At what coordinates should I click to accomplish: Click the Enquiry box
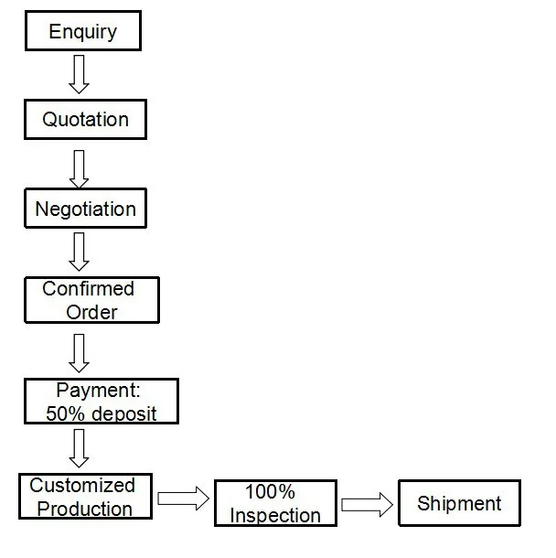82,31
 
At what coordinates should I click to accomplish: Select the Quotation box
85,119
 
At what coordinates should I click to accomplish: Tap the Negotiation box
85,209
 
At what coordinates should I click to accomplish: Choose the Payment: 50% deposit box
101,402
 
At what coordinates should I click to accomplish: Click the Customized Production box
84,497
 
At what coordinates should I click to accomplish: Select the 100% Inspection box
275,504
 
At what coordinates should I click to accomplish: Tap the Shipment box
459,503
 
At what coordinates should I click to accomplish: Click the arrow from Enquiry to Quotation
80,74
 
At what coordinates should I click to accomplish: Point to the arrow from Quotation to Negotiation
80,166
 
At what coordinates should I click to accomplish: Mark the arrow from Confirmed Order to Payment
80,351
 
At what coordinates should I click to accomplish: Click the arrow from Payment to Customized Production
80,448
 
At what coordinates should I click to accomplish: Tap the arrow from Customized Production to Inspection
182,499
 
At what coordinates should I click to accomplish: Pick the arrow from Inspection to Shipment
366,505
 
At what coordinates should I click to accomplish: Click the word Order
92,312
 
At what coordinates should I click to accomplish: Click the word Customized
82,486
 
